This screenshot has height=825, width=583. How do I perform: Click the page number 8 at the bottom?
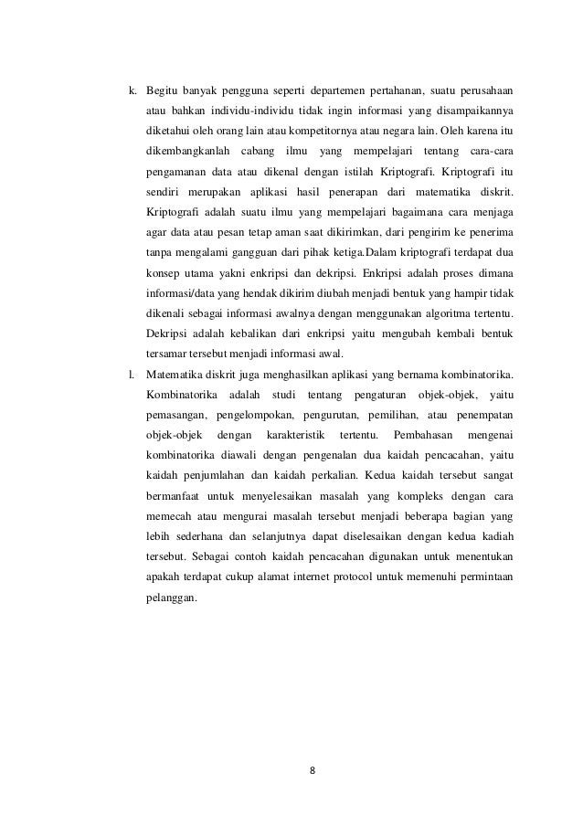tap(312, 768)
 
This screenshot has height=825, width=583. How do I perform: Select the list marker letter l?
tap(131, 374)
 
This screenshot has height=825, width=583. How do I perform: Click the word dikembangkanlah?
tap(185, 149)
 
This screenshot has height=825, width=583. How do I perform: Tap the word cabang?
tap(256, 149)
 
